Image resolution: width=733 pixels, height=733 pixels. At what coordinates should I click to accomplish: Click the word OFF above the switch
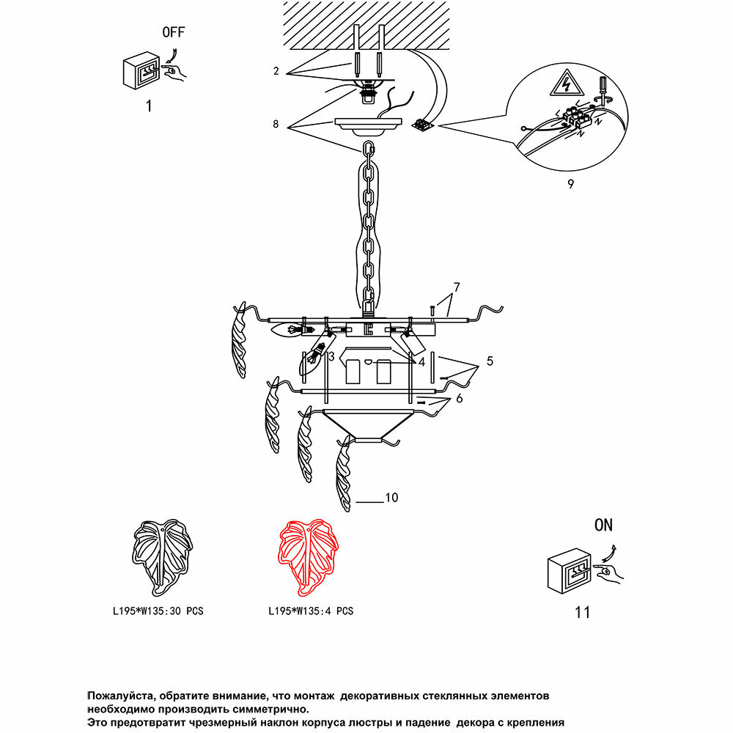coord(173,32)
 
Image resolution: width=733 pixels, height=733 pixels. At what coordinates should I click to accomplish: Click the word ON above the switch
coord(603,525)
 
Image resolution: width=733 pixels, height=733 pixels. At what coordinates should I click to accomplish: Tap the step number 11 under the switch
coord(582,612)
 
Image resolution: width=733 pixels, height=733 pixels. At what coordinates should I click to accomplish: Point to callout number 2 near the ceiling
coord(276,71)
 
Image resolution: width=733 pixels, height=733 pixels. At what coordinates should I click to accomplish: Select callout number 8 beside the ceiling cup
coord(276,125)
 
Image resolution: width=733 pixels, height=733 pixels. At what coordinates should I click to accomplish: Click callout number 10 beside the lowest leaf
coord(391,498)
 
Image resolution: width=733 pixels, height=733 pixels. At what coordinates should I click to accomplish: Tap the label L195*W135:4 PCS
coord(311,611)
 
